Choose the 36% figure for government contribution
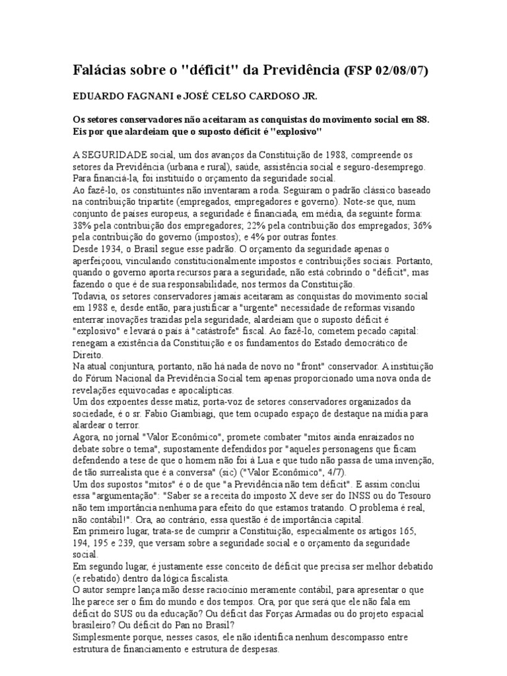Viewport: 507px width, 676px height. [421, 226]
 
